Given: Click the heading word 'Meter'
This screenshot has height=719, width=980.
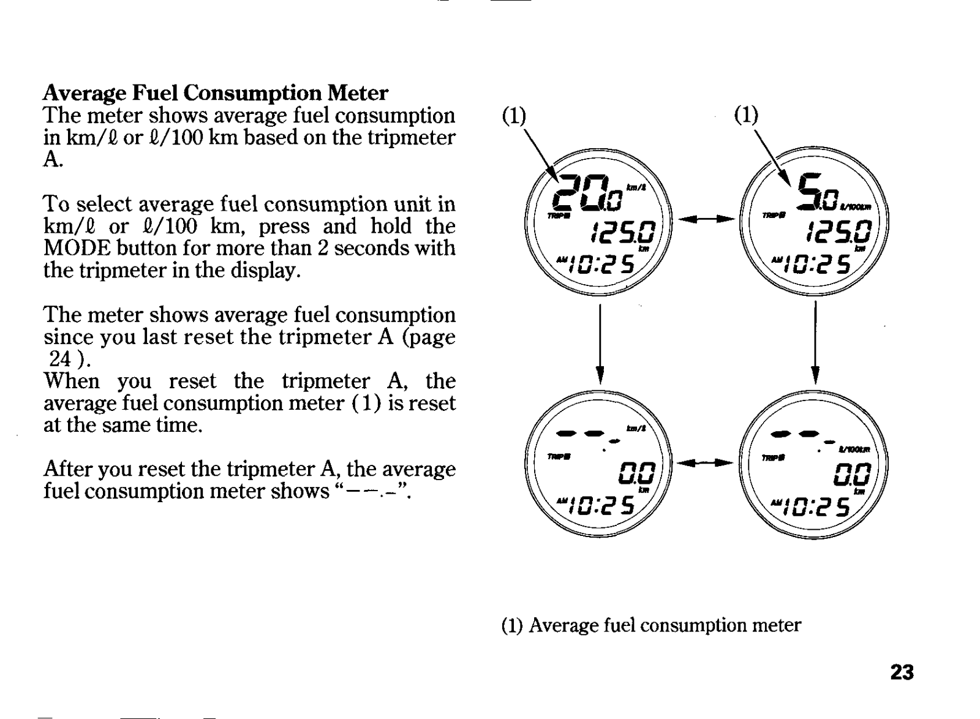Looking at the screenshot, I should coord(358,93).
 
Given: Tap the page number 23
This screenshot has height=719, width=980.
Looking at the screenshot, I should coord(902,672).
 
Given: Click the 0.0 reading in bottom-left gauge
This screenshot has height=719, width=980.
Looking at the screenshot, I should coord(638,474).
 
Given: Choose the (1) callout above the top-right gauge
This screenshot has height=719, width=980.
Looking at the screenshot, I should coord(746,115).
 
